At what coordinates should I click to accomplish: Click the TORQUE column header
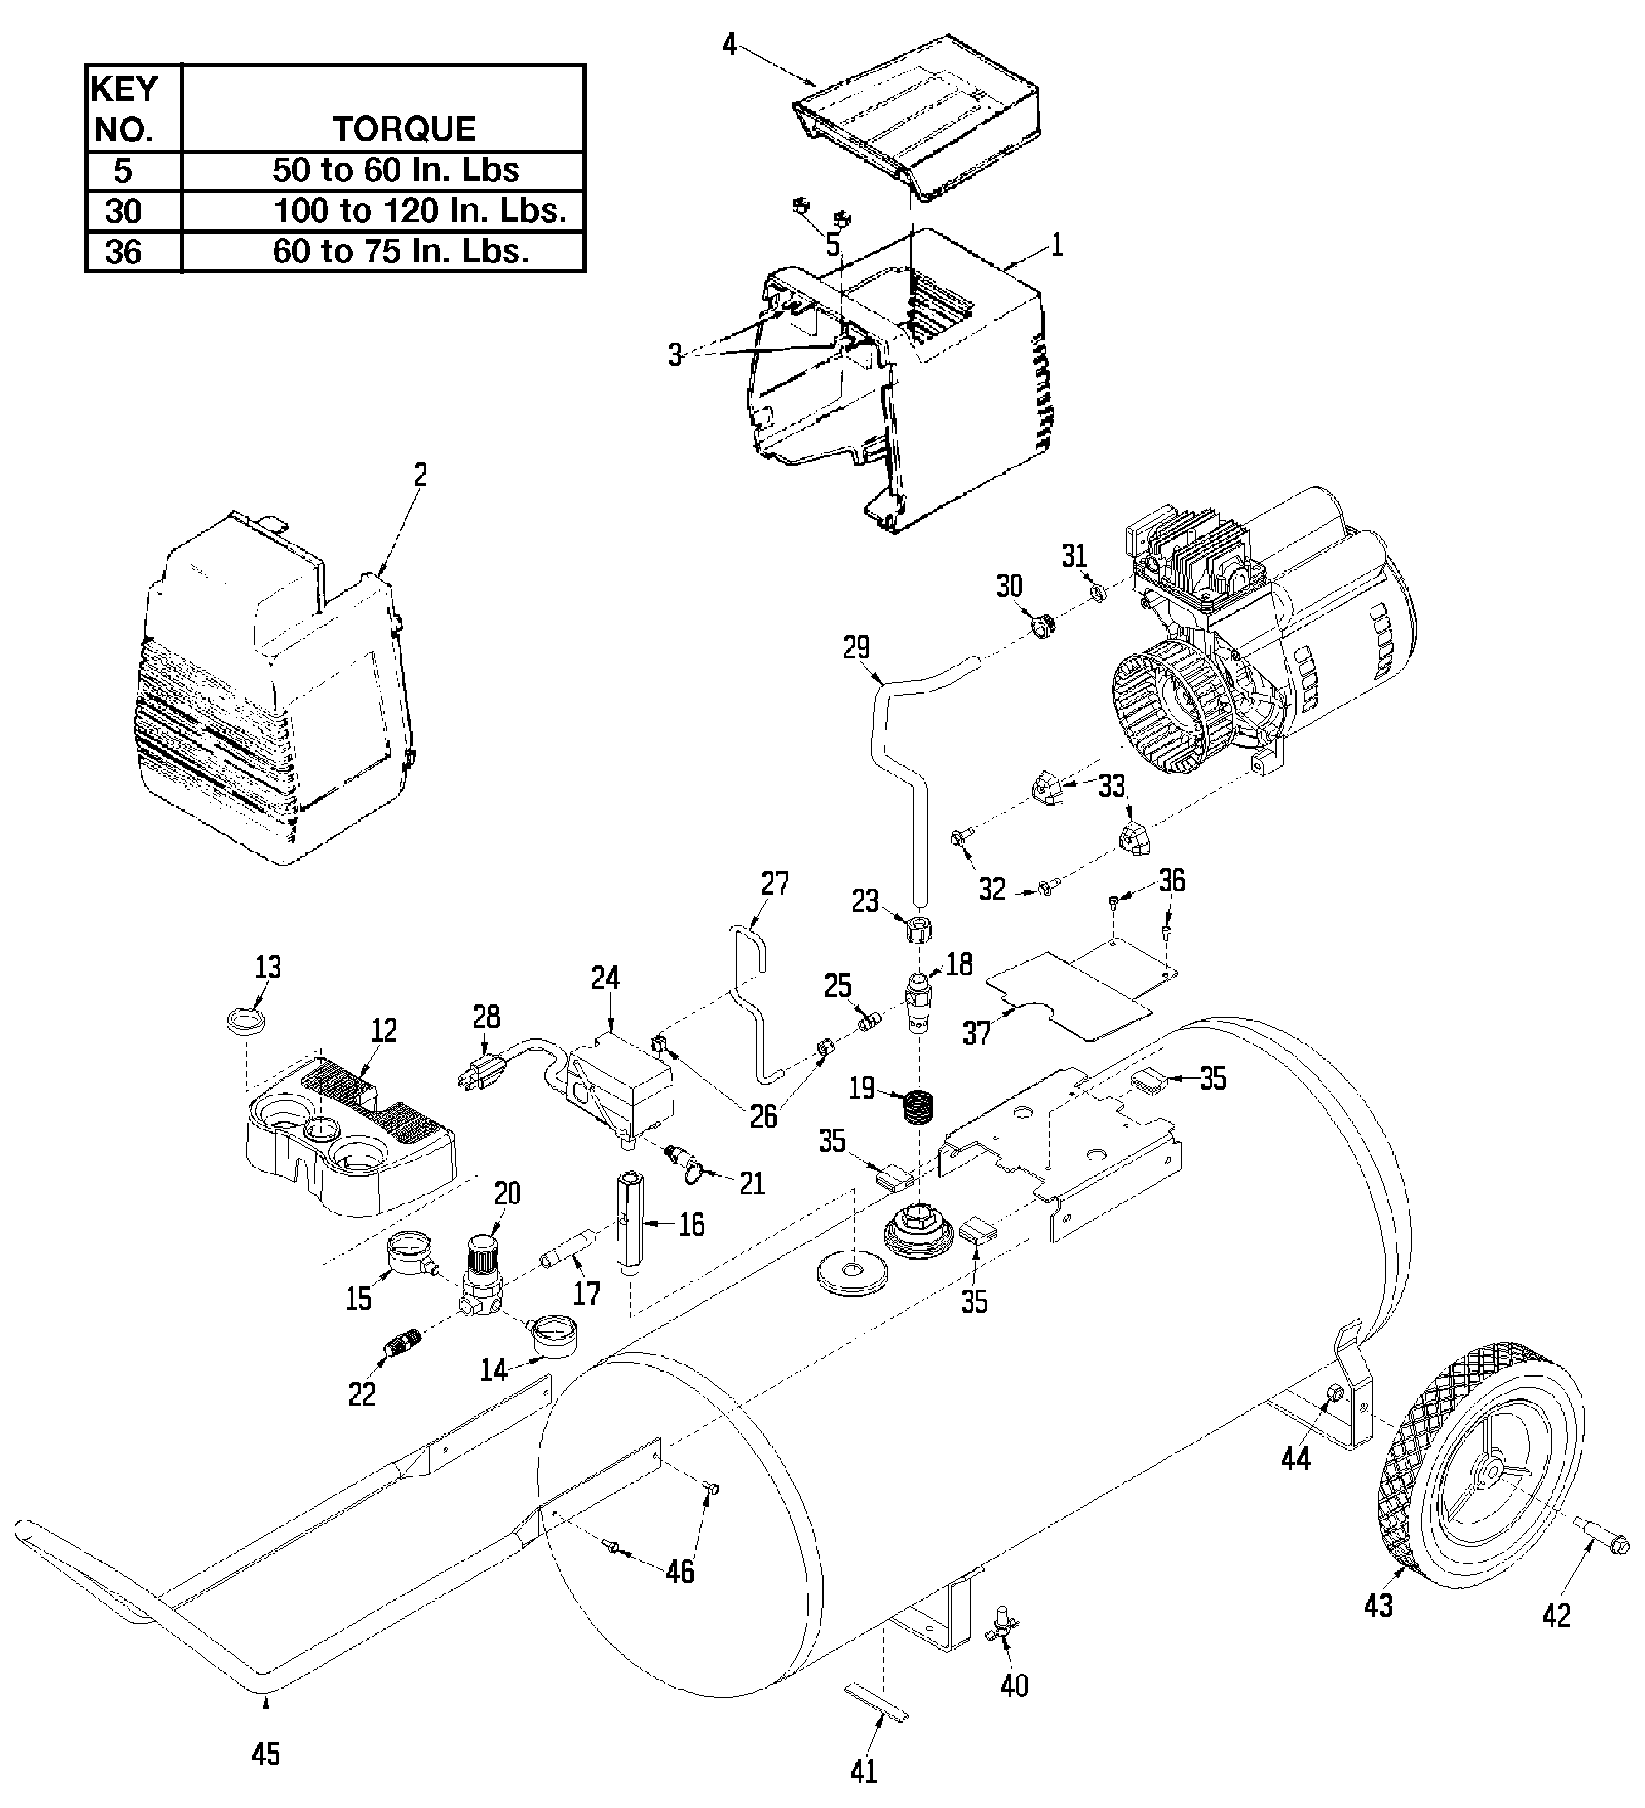(x=405, y=129)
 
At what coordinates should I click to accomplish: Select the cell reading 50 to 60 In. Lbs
(x=396, y=171)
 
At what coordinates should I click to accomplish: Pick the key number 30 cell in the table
(x=123, y=211)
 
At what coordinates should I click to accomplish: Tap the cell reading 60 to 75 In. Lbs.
(x=400, y=251)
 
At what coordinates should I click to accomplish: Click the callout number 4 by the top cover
(x=729, y=44)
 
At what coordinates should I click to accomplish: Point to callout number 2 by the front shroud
(x=421, y=475)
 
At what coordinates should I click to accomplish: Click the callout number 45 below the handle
(x=266, y=1751)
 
